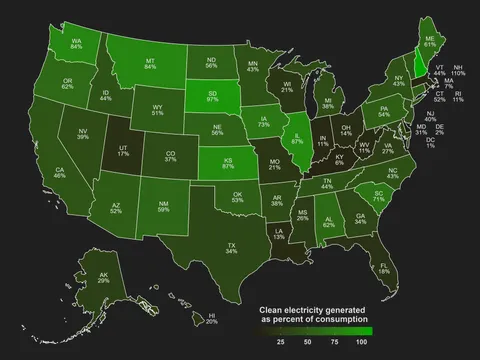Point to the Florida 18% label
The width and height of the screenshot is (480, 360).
(x=384, y=267)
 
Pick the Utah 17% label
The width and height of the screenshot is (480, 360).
(x=123, y=150)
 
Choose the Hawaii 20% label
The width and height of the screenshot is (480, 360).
(x=211, y=318)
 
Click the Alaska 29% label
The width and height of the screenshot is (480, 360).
(x=103, y=278)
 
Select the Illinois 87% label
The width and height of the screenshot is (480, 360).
(x=297, y=137)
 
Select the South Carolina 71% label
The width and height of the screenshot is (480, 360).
(x=378, y=196)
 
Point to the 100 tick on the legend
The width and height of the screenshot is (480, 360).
(x=361, y=342)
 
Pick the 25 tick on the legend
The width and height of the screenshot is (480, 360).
(x=280, y=342)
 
